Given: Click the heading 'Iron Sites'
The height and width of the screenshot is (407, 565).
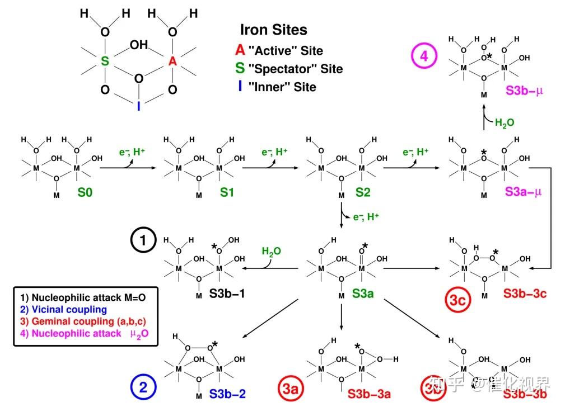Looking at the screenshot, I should [x=273, y=30].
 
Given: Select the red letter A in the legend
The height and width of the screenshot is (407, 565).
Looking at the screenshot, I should [x=240, y=50].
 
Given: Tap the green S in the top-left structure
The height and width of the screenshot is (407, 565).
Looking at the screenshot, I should [x=105, y=61].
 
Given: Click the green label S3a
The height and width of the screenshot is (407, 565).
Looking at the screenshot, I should [x=363, y=293].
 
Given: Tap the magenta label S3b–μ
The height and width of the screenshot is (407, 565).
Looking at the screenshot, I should [x=524, y=90].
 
